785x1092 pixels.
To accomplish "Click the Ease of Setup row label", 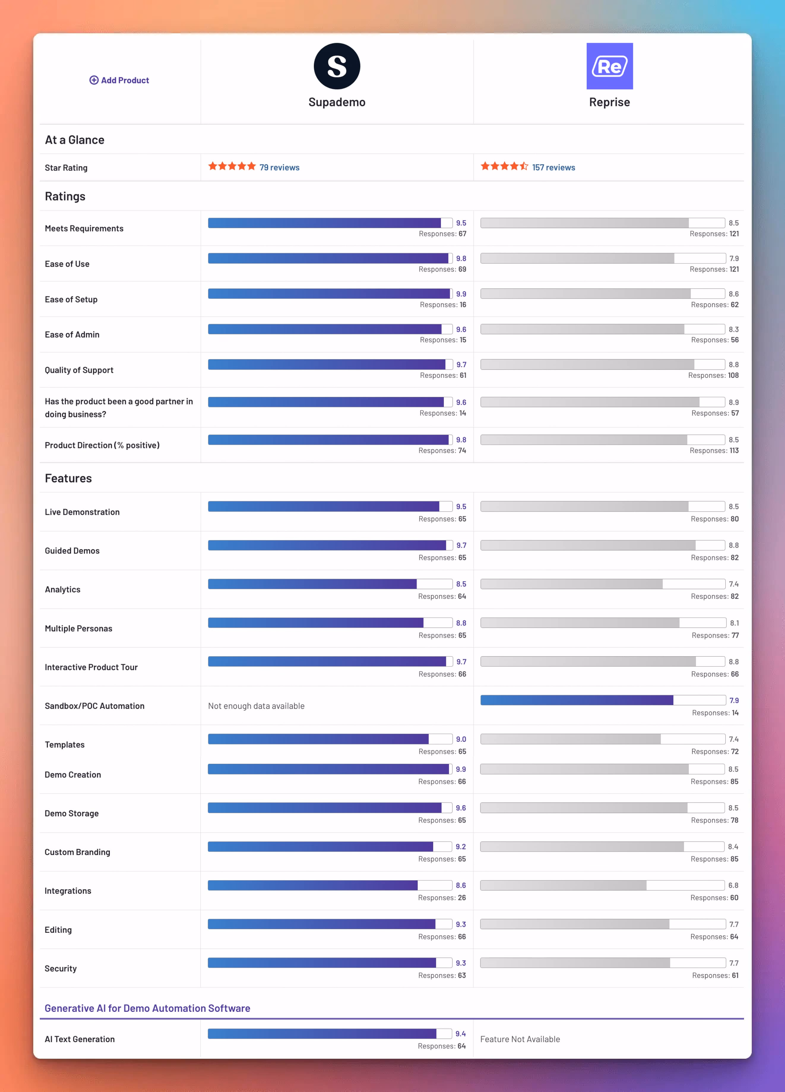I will click(x=71, y=299).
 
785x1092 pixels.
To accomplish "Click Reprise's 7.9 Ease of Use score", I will click(x=734, y=258).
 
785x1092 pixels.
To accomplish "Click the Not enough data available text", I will click(x=256, y=706).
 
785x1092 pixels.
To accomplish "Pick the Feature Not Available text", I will click(x=520, y=1039).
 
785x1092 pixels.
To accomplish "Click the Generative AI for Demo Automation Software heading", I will click(x=147, y=1008).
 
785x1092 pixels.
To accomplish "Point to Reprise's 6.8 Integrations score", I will click(x=733, y=886).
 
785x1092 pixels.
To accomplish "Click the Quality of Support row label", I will click(x=79, y=370).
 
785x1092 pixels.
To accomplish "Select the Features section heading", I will click(x=68, y=478).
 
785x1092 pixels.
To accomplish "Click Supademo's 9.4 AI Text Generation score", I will click(x=460, y=1034).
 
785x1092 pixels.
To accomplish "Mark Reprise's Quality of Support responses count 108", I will click(x=733, y=375).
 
